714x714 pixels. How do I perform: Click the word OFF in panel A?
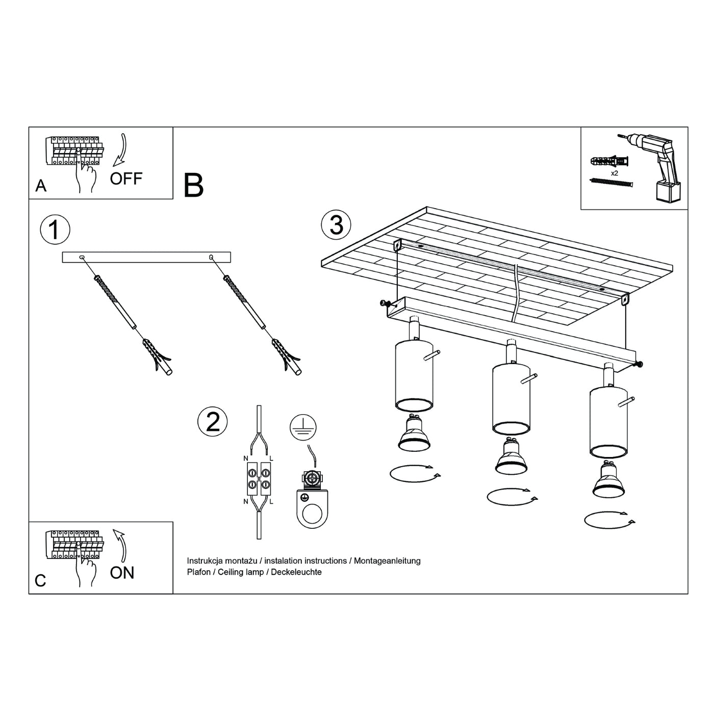tap(126, 178)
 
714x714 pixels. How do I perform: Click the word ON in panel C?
tap(122, 573)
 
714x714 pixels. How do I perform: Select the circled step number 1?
tap(55, 229)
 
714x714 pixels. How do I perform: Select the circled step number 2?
tap(212, 422)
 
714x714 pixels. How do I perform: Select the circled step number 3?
tap(336, 225)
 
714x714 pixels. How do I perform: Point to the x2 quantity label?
tap(615, 173)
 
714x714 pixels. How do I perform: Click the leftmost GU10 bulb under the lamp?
tap(414, 433)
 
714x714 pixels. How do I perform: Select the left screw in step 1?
tap(115, 303)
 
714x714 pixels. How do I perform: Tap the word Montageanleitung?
tap(387, 561)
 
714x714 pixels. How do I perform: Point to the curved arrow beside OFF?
tap(120, 150)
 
